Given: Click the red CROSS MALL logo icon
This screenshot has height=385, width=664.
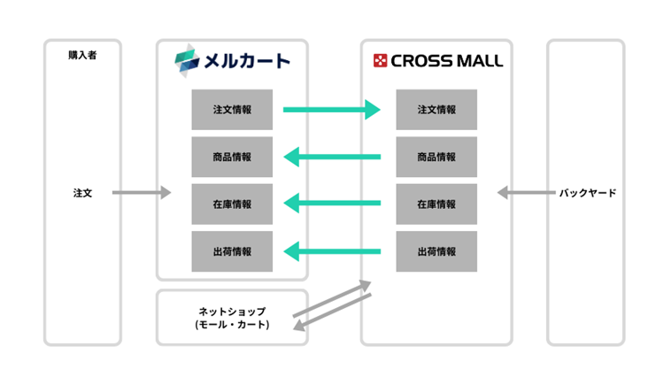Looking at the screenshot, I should click(380, 61).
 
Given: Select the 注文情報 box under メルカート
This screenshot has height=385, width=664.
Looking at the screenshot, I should click(232, 110).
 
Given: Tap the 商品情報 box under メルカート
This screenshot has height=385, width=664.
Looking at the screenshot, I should click(232, 158).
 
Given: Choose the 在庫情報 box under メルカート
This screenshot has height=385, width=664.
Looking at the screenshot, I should click(232, 204).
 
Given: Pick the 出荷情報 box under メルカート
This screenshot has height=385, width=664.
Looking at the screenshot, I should click(232, 251).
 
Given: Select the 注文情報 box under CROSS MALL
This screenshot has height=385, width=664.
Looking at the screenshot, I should click(436, 110).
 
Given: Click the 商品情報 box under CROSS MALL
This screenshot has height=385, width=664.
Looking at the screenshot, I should click(436, 158).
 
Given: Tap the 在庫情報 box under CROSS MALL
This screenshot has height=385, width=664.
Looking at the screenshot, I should click(436, 204).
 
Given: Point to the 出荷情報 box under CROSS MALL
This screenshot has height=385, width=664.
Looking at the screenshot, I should click(436, 251).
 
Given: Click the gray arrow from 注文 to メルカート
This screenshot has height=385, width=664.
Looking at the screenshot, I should click(141, 192).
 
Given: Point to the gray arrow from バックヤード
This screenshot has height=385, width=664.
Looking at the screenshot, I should click(525, 192).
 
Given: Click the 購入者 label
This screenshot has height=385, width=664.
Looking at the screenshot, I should click(82, 55).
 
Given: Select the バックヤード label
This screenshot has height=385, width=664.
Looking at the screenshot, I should click(587, 192).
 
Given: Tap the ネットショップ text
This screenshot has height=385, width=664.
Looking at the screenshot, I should click(232, 312).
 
